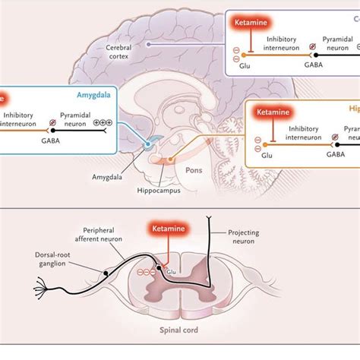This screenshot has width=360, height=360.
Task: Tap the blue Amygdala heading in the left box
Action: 93,96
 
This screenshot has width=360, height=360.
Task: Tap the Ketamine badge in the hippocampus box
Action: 273,113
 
